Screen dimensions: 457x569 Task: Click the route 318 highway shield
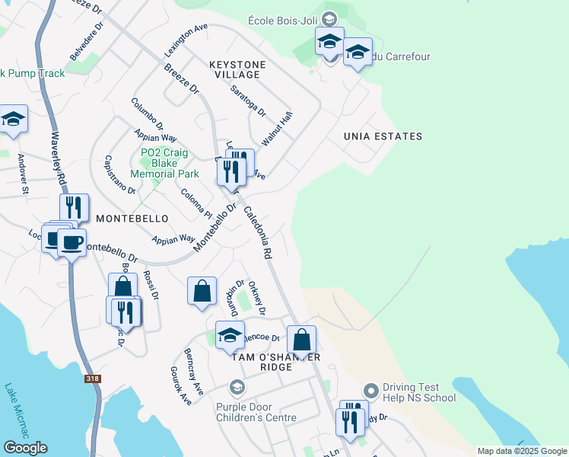93,379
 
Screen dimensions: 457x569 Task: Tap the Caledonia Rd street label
258,232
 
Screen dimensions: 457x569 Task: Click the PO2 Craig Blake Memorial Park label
164,163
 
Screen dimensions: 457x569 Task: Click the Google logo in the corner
25,448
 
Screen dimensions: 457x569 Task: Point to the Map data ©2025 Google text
522,451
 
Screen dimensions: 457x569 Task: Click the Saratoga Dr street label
249,100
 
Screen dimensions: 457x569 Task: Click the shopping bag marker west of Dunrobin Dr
202,291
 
